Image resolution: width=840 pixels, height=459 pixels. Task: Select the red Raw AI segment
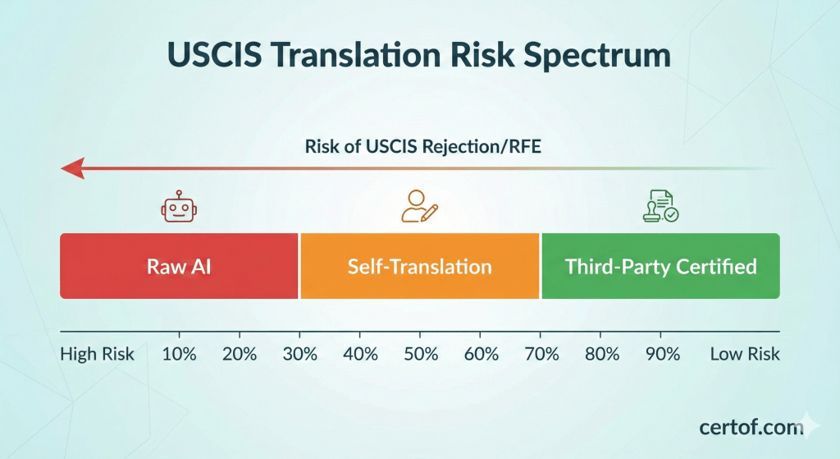[179, 266]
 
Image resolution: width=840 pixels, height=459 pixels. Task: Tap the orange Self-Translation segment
[419, 266]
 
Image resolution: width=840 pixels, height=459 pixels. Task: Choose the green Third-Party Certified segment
[660, 266]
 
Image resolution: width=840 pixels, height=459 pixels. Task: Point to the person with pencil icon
[419, 207]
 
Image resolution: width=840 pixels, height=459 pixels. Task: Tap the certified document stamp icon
[660, 207]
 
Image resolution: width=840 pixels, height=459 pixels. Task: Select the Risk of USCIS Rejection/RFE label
[419, 148]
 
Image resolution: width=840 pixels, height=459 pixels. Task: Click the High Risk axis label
[97, 355]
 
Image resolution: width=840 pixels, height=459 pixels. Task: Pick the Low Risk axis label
[745, 355]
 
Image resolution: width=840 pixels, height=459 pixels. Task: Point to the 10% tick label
[179, 355]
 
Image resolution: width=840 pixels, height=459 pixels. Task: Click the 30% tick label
[299, 355]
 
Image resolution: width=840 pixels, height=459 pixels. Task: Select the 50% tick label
[419, 355]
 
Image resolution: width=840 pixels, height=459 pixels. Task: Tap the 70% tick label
[541, 355]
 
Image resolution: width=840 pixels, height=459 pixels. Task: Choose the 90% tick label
[661, 355]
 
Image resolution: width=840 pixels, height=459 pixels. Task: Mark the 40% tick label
[359, 355]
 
